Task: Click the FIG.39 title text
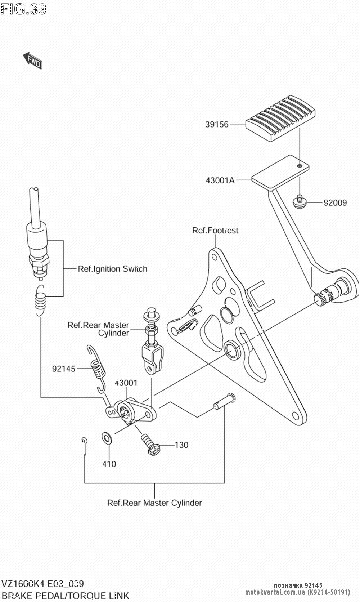click(24, 9)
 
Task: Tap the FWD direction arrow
click(33, 60)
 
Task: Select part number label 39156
click(217, 125)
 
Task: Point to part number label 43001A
click(220, 180)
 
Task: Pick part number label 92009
click(335, 203)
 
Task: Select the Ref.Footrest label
click(215, 231)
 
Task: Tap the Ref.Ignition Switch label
click(112, 269)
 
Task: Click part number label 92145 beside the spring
click(64, 369)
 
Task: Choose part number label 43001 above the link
click(126, 383)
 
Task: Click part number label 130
click(181, 445)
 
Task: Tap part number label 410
click(109, 464)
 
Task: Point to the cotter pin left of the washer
click(84, 446)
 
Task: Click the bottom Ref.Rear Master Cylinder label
click(154, 503)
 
